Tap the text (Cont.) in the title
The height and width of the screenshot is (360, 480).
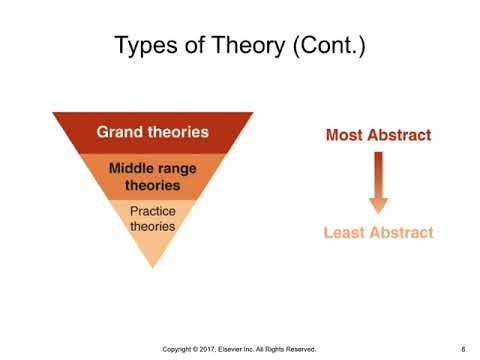(321, 46)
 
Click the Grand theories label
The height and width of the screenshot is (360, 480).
(152, 131)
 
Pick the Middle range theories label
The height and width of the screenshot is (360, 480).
(152, 177)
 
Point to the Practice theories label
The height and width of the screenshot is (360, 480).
(152, 219)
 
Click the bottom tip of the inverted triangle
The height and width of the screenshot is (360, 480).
(152, 267)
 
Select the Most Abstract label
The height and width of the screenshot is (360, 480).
(378, 135)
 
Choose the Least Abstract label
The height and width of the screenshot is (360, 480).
(378, 233)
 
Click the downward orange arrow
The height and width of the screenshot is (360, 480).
(378, 180)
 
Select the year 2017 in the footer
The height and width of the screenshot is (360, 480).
(219, 349)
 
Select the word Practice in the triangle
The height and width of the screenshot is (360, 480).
(152, 211)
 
